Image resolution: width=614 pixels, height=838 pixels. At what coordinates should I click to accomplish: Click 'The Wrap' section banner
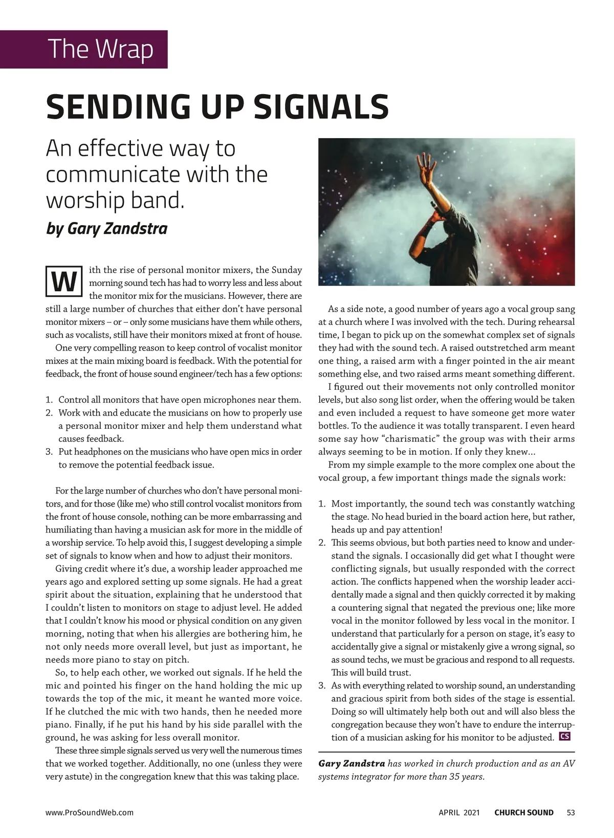(x=101, y=49)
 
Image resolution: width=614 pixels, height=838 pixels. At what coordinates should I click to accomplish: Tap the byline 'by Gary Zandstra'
(x=106, y=228)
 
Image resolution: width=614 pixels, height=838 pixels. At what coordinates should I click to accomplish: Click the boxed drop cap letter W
(x=64, y=282)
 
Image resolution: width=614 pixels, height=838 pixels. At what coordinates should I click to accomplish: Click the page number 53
(x=571, y=812)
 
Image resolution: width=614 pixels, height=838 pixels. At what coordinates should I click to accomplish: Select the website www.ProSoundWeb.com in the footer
(x=90, y=812)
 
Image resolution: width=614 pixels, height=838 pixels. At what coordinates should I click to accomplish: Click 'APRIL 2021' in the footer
(x=459, y=812)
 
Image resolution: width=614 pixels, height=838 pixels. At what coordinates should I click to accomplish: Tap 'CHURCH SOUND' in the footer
(x=523, y=812)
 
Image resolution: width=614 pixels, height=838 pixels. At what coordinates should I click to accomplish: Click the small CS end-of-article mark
(x=565, y=737)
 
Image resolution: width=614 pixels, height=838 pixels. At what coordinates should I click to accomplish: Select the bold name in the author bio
(x=352, y=764)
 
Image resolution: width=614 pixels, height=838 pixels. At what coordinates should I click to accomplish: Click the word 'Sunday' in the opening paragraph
(x=287, y=270)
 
